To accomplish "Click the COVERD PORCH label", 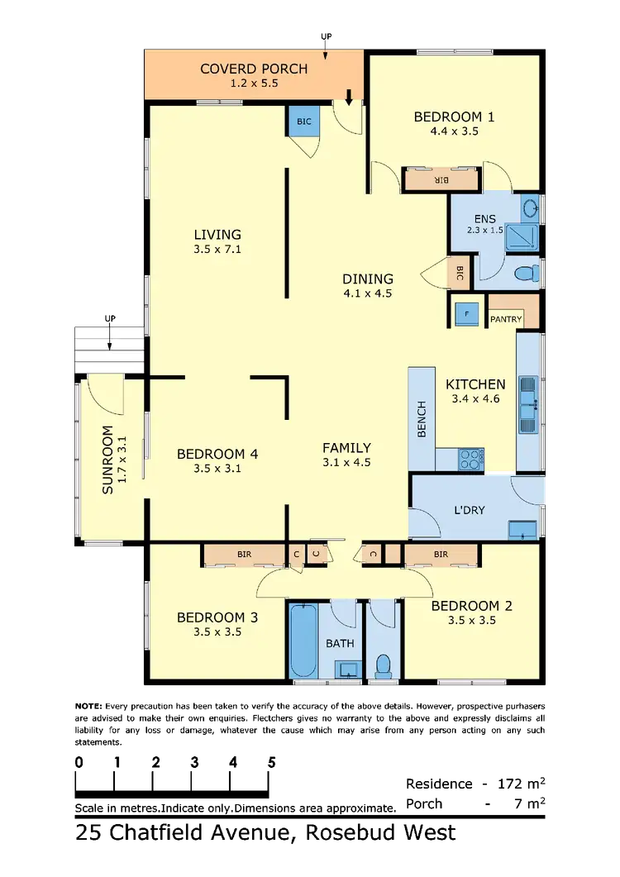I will pos(254,68).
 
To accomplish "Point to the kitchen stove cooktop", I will pos(471,459).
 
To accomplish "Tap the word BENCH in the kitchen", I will pos(422,419).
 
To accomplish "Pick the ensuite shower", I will pos(522,236).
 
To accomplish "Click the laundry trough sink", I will pos(522,530).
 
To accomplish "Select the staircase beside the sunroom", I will pos(109,350).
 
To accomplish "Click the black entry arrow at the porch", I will pos(348,98).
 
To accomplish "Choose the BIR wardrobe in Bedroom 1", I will pos(441,179).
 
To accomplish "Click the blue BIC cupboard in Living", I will pos(304,122).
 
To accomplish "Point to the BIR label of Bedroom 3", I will pos(244,555).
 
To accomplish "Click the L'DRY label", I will pos(470,510).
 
